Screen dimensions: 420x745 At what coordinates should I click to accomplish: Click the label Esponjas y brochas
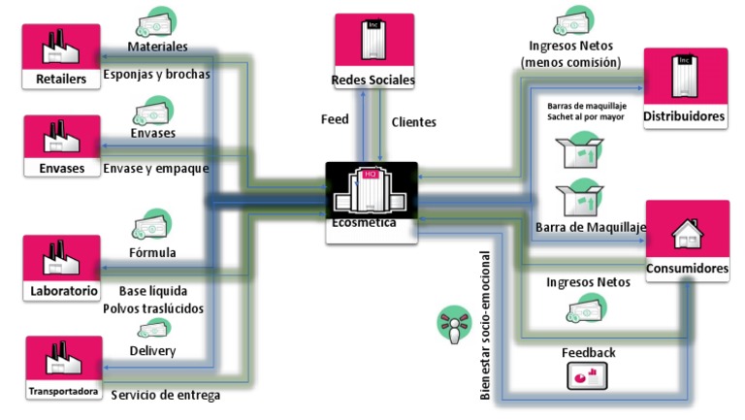pyautogui.click(x=156, y=74)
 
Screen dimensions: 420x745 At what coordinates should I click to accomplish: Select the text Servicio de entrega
pyautogui.click(x=165, y=395)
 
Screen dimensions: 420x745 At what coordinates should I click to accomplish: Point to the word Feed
pyautogui.click(x=335, y=120)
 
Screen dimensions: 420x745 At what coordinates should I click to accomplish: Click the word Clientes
pyautogui.click(x=413, y=122)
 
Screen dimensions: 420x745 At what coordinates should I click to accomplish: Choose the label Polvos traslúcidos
pyautogui.click(x=153, y=308)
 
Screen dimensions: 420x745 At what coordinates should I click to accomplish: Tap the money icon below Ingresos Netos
pyautogui.click(x=588, y=309)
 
